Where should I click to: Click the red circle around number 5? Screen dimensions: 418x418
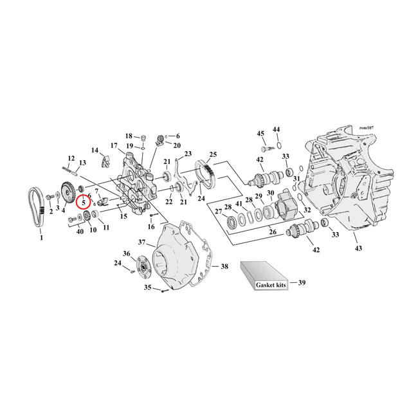tap(84, 202)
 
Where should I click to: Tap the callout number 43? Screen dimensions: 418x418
tap(358, 249)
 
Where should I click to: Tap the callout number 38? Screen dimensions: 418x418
tap(224, 266)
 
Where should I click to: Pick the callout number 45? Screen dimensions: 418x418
tap(260, 133)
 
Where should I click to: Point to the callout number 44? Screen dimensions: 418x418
tap(277, 130)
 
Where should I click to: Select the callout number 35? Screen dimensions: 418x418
tap(146, 287)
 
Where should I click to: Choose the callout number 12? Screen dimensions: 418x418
tap(71, 158)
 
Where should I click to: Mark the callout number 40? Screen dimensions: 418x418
tap(80, 230)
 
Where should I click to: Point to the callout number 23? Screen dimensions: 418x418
tap(188, 154)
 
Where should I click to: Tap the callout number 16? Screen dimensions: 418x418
tap(152, 226)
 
